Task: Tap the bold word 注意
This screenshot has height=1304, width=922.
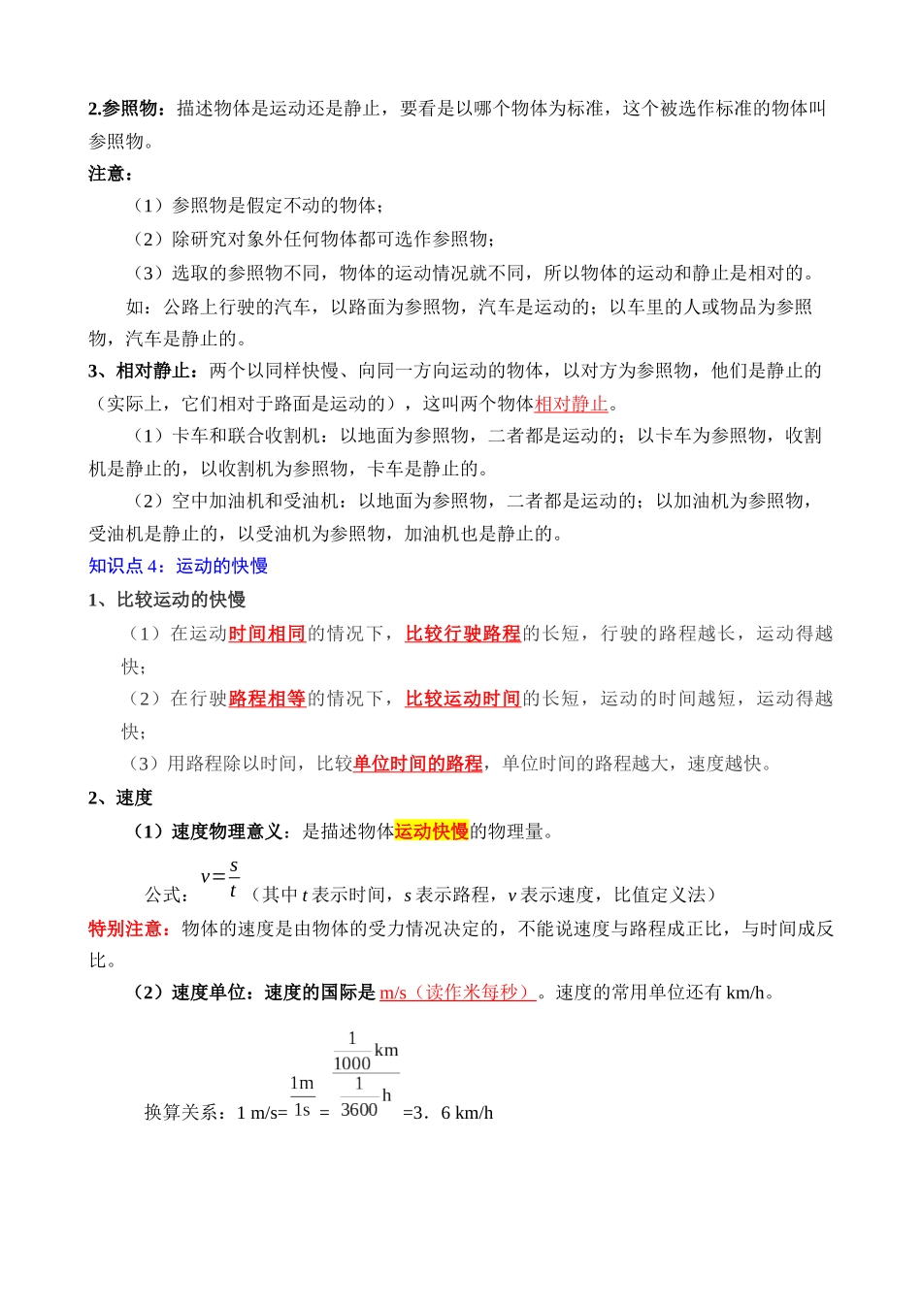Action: [x=110, y=174]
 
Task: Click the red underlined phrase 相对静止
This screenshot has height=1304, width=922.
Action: [x=571, y=404]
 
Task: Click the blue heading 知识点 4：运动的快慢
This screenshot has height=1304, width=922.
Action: [x=178, y=566]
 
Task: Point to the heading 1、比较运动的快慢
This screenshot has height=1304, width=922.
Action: [x=166, y=600]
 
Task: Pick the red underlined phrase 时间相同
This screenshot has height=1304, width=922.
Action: [x=267, y=634]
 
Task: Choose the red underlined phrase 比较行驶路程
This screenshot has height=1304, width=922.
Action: [x=463, y=634]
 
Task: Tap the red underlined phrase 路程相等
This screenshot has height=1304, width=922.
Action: [x=267, y=699]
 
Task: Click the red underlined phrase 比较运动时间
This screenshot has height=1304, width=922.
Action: [x=463, y=699]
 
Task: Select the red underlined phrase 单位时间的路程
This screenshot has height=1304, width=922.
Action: [x=417, y=764]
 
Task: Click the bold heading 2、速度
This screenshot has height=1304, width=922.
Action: [x=120, y=798]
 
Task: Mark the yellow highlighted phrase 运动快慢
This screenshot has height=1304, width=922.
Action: [x=432, y=831]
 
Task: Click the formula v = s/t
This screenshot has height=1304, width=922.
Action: [x=220, y=878]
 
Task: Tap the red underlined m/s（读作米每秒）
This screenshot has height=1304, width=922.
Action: [x=456, y=993]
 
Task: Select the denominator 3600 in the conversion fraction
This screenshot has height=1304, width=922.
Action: [x=359, y=1110]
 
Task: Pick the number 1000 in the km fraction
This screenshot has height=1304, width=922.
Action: [x=351, y=1063]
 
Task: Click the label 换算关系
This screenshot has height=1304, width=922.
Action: [x=186, y=1112]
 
